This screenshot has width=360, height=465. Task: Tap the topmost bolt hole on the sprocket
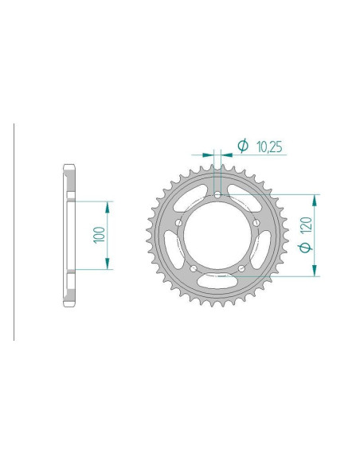point(217,193)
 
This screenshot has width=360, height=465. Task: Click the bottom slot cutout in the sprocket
point(217,279)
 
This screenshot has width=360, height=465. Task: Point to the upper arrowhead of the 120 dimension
point(316,198)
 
